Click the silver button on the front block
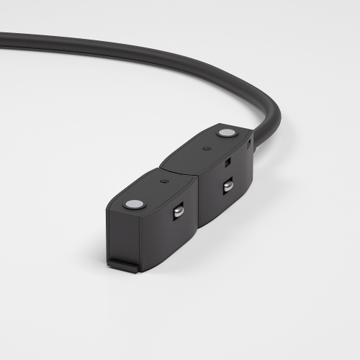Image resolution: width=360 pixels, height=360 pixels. click(134, 204)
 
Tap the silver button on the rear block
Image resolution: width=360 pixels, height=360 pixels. click(226, 133)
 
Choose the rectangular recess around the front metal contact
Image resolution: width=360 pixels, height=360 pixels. click(176, 212)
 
